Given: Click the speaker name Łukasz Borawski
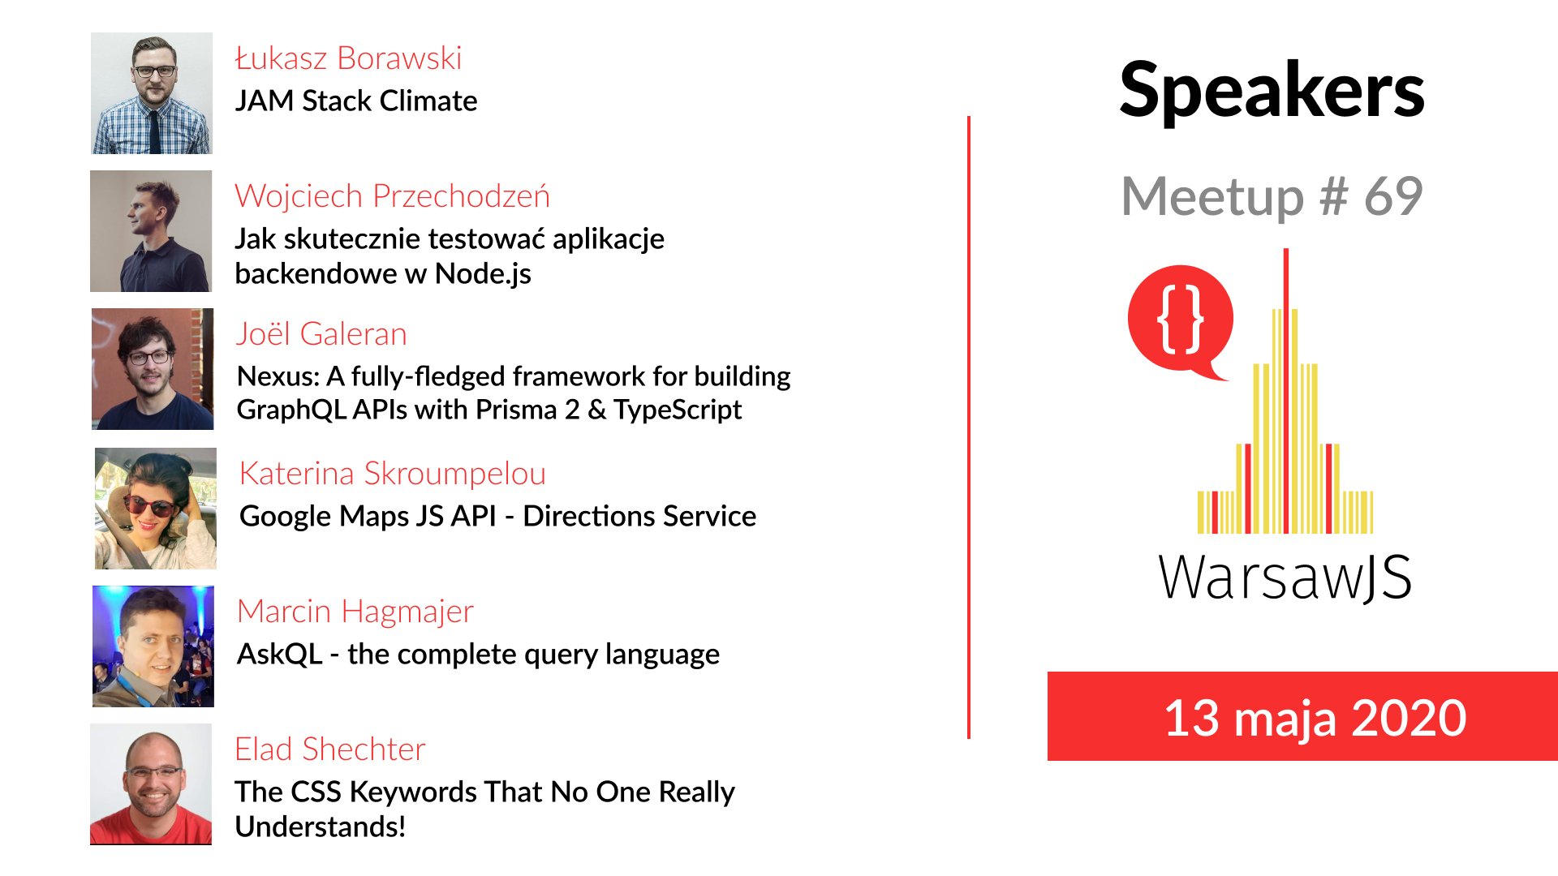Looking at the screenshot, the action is pyautogui.click(x=348, y=58).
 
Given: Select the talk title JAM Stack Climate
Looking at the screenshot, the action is pyautogui.click(x=356, y=101).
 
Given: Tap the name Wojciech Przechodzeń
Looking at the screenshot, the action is pyautogui.click(x=392, y=196).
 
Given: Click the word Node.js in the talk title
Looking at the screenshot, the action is pyautogui.click(x=483, y=274).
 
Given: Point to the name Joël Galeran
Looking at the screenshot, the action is pyautogui.click(x=321, y=334).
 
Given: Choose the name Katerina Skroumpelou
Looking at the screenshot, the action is pyautogui.click(x=393, y=474).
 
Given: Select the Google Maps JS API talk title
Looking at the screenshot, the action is pyautogui.click(x=498, y=516).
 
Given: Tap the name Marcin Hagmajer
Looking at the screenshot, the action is pyautogui.click(x=355, y=612).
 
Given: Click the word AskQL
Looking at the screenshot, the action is pyautogui.click(x=280, y=654).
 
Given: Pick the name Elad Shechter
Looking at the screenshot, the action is pyautogui.click(x=329, y=749).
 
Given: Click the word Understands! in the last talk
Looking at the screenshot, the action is pyautogui.click(x=321, y=827).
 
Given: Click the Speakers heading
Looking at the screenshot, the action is pyautogui.click(x=1272, y=91).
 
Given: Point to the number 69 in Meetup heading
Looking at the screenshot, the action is pyautogui.click(x=1393, y=196).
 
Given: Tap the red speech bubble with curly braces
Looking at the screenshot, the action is pyautogui.click(x=1180, y=321).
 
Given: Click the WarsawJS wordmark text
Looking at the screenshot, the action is pyautogui.click(x=1285, y=578).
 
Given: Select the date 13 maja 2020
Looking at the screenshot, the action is pyautogui.click(x=1315, y=718).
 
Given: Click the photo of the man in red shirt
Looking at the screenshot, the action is pyautogui.click(x=151, y=784).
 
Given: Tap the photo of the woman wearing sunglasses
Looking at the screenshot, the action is pyautogui.click(x=156, y=509).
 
